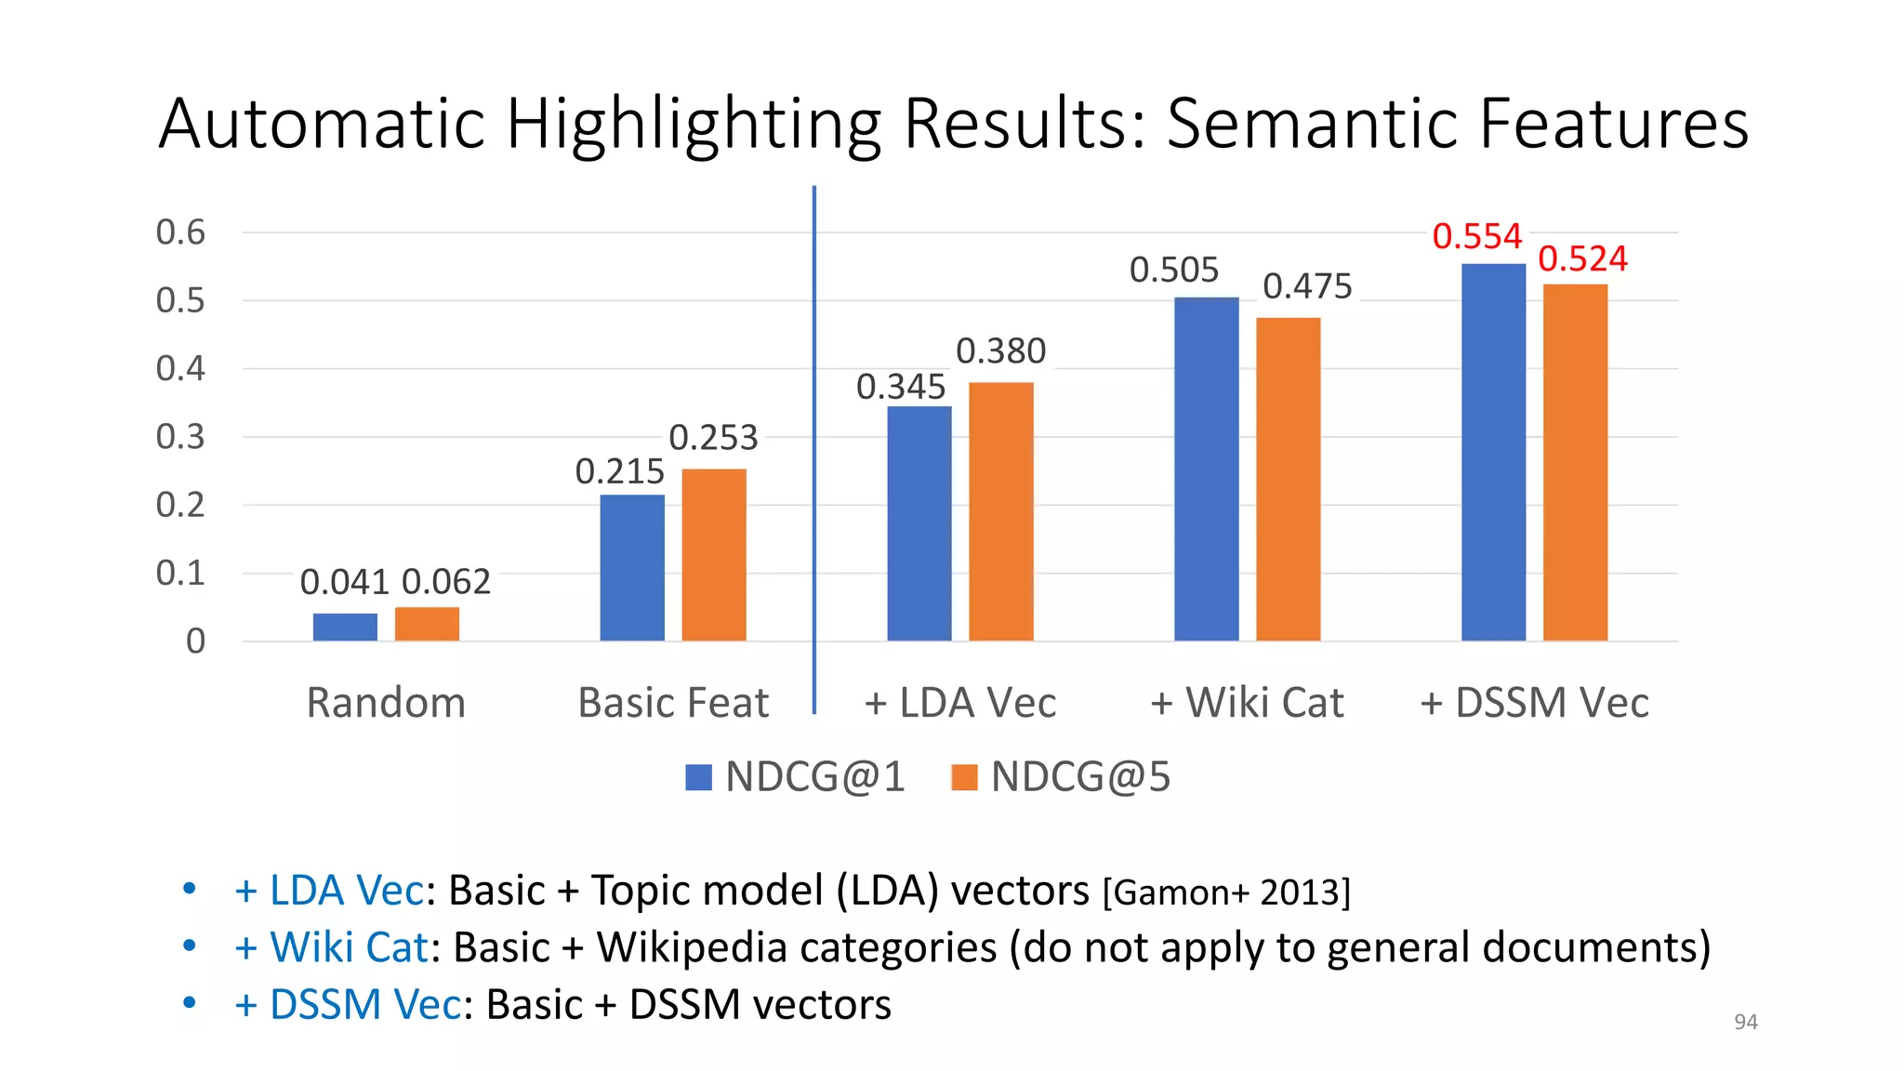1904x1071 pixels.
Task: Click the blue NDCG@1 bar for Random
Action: [x=345, y=628]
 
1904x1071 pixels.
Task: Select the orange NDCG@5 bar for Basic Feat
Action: [x=714, y=555]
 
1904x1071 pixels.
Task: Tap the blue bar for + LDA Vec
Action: [x=919, y=523]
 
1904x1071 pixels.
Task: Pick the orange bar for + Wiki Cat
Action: [x=1288, y=479]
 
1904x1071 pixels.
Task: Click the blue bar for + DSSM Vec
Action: [x=1493, y=453]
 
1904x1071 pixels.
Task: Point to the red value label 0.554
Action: [x=1476, y=236]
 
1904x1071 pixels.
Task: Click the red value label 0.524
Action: [x=1582, y=258]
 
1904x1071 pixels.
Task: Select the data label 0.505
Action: [x=1173, y=271]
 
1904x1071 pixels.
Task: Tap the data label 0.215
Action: [x=619, y=471]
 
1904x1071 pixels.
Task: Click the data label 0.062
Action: [x=446, y=582]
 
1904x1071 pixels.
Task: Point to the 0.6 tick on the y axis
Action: [x=180, y=232]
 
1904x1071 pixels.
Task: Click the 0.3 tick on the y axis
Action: [x=180, y=437]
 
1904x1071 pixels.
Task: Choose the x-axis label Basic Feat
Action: [x=673, y=703]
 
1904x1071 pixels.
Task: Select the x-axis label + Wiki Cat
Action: [x=1247, y=703]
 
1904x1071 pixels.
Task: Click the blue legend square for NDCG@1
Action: [x=698, y=777]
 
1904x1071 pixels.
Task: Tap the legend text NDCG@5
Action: [x=1080, y=777]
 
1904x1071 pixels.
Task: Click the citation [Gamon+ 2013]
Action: [x=1225, y=892]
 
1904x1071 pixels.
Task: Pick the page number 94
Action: [x=1745, y=1022]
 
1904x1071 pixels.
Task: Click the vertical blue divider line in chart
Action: [x=814, y=446]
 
